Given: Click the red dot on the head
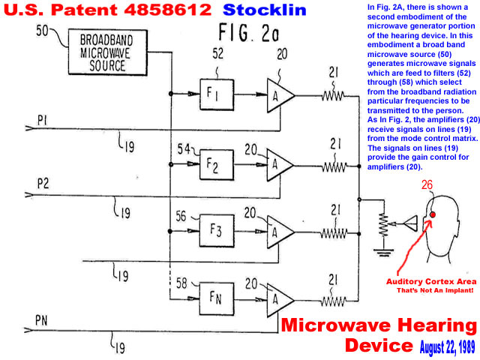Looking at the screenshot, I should pos(433,216).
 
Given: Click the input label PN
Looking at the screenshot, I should pos(42,321).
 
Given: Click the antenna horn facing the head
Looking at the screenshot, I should pos(406,223).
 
